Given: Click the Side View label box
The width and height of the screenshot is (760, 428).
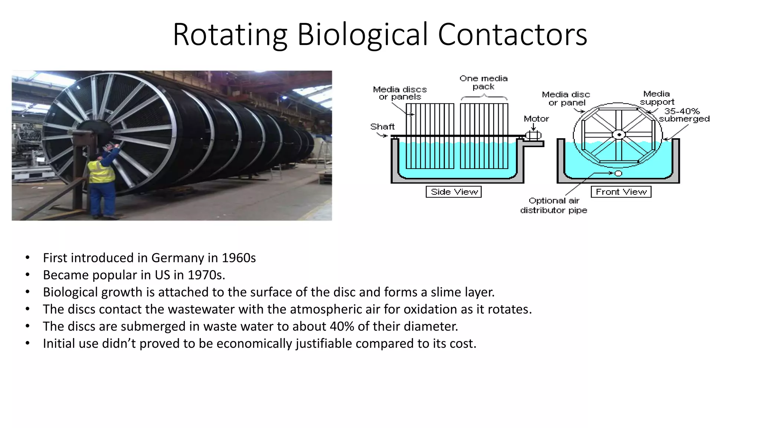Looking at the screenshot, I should click(x=453, y=192).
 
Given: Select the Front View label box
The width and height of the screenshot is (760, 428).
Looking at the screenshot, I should click(x=621, y=192).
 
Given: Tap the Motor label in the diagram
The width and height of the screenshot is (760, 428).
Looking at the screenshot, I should click(x=536, y=119).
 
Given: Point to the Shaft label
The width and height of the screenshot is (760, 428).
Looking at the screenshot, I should click(x=382, y=127).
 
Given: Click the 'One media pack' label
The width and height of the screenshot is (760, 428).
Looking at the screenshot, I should click(x=484, y=82).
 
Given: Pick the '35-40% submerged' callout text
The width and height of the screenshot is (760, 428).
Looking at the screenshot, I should click(x=684, y=115).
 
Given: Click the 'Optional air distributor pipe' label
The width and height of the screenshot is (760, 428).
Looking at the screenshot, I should click(x=554, y=205).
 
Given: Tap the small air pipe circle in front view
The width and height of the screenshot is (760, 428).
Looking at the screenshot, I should click(x=618, y=174).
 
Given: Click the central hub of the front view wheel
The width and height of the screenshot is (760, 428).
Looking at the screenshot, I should click(x=619, y=134).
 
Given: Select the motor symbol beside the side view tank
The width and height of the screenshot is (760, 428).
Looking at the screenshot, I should click(x=533, y=135).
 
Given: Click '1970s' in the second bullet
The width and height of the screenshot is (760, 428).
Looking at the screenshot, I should click(x=206, y=275).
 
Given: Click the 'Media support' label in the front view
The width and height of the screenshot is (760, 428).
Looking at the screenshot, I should click(x=656, y=98).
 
